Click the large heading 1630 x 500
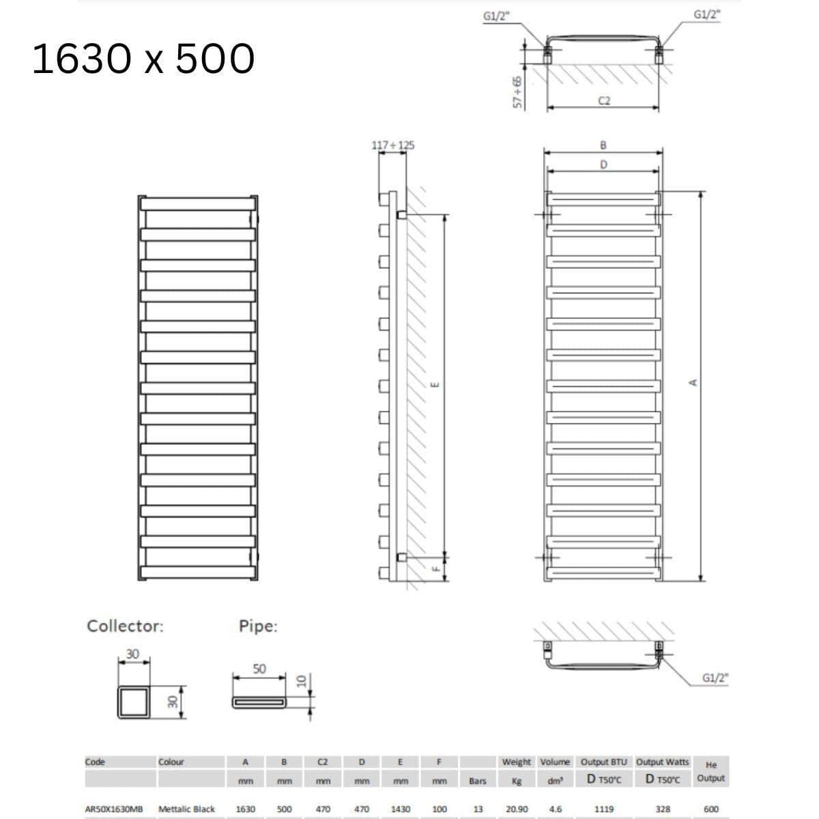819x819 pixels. [143, 59]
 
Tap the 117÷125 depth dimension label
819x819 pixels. [392, 145]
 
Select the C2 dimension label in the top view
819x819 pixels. [604, 101]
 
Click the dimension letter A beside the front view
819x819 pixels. [693, 382]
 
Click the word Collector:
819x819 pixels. [126, 626]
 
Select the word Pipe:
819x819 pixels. [258, 627]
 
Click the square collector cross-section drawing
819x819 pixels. [134, 702]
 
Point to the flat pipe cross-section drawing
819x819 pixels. [260, 702]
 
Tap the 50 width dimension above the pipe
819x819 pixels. [259, 669]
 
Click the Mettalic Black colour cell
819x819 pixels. [186, 809]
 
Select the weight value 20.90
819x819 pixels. [516, 809]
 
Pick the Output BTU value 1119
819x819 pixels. [603, 809]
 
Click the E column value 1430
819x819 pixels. [401, 809]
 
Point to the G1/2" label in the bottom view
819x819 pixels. [715, 678]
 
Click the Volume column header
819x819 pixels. [555, 762]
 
